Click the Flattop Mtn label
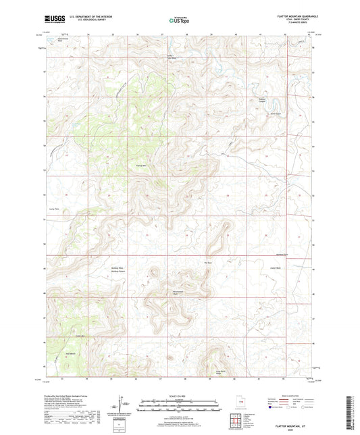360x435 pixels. click(x=141, y=164)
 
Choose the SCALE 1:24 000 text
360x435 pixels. click(x=180, y=396)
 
